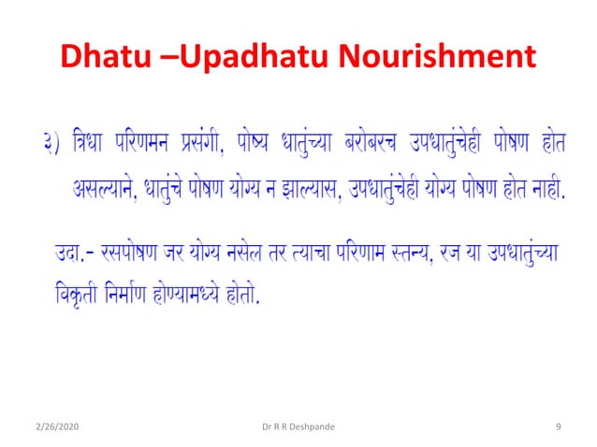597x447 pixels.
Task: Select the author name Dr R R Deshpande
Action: (x=298, y=427)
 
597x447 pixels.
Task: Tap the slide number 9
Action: (x=558, y=427)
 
